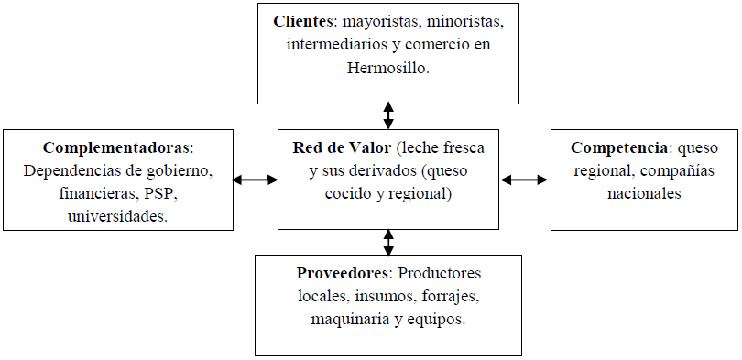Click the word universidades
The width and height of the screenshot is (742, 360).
click(x=118, y=216)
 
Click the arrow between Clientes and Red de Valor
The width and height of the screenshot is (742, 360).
click(x=388, y=115)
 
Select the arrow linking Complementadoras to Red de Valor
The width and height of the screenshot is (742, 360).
click(x=255, y=180)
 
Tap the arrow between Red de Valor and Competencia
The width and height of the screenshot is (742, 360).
click(x=524, y=180)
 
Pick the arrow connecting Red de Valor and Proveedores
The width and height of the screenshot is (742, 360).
click(x=388, y=242)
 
